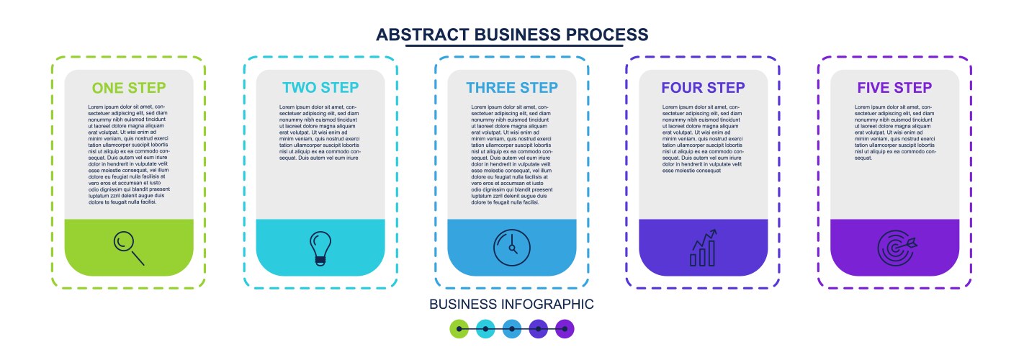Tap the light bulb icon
pos(320,248)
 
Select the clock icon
pos(512,248)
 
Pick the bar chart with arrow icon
pos(704,248)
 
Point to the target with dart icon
pos(896,248)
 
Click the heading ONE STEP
pos(129,88)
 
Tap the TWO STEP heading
pos(320,88)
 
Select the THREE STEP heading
pos(512,88)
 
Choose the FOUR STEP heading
pos(703,88)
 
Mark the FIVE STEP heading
pos(894,88)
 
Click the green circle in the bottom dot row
pos(459,329)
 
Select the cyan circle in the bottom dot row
pos(486,329)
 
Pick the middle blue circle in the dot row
pos(512,329)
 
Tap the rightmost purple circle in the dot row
pos(565,329)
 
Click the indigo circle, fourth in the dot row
pos(539,329)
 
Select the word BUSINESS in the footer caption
pos(463,305)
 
